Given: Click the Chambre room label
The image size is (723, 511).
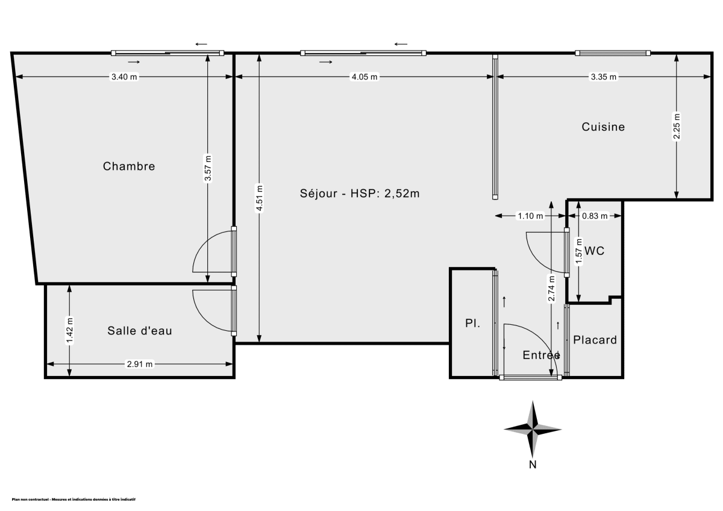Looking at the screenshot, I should tap(129, 166).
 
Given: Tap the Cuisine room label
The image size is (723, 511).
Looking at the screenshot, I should tap(602, 127).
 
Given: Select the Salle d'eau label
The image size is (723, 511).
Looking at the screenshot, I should tap(140, 331).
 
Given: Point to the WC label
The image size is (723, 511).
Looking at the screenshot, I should tap(594, 251).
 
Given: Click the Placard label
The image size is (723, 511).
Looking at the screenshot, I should tap(595, 340).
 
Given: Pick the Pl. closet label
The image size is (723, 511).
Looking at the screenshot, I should tap(472, 324).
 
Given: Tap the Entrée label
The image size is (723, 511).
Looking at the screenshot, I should tap(541, 356).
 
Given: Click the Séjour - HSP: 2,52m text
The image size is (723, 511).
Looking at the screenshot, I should tap(360, 193).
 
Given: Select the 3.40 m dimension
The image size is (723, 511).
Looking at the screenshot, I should tap(124, 77).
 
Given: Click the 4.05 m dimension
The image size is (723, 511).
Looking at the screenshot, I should tap(365, 77).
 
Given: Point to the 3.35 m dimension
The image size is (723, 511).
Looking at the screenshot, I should tap(604, 77).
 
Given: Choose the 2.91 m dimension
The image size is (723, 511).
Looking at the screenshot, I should tap(140, 364).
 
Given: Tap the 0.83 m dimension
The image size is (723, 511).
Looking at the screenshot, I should tap(595, 216).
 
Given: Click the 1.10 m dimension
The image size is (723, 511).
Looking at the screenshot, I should tap(530, 216).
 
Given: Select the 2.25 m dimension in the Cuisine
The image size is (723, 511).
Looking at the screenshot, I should tap(677, 127).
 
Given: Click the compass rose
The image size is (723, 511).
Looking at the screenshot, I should tap(533, 428).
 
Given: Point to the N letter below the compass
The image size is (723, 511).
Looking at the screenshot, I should tap(533, 465).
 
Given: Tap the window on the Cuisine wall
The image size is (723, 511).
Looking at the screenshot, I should tap(613, 53).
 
